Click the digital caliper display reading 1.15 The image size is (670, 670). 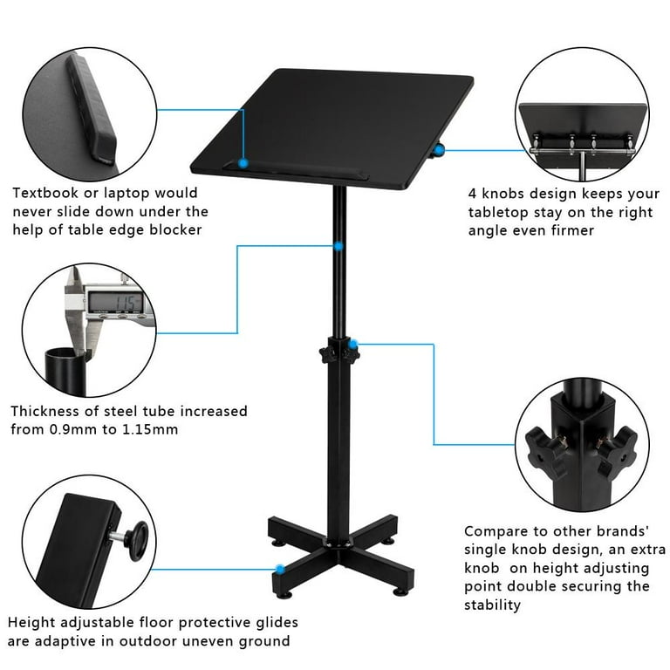click(113, 302)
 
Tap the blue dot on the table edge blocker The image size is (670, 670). click(243, 162)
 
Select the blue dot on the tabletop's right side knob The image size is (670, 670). click(440, 150)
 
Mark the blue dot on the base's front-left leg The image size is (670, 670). click(280, 569)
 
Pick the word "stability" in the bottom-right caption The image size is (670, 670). click(492, 605)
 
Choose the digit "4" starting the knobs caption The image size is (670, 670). click(473, 194)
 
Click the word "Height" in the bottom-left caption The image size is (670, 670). click(31, 623)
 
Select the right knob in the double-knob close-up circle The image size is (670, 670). click(616, 445)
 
